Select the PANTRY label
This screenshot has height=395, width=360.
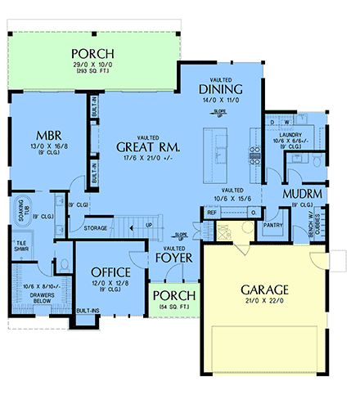click(x=272, y=222)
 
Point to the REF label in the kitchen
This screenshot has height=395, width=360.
click(x=211, y=213)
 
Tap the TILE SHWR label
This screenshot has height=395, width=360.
click(x=20, y=247)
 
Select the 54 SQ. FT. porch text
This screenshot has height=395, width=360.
click(x=173, y=307)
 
